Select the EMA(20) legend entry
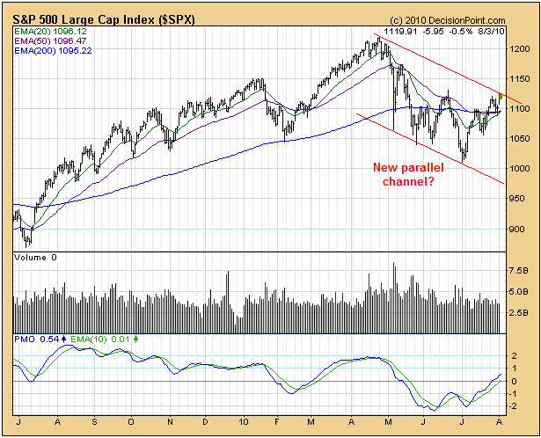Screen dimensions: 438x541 [49, 32]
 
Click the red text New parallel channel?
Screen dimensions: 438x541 [405, 174]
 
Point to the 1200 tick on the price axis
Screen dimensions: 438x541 [521, 49]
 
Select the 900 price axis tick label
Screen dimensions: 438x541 [518, 229]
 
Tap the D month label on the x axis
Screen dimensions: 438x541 [208, 422]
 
